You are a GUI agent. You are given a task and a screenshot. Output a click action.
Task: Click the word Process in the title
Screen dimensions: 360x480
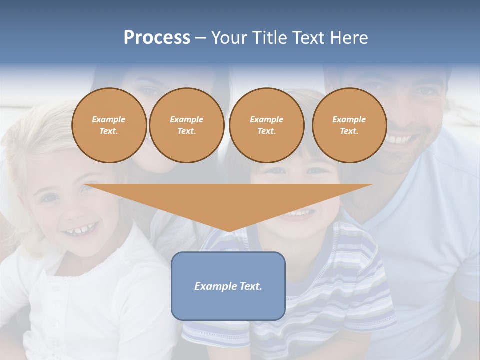tap(157, 38)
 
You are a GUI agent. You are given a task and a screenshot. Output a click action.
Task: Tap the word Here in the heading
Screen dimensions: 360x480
tap(349, 38)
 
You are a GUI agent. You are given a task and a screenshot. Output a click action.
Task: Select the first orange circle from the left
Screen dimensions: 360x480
tap(109, 125)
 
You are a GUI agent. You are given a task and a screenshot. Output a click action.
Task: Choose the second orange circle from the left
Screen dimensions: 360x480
tap(187, 125)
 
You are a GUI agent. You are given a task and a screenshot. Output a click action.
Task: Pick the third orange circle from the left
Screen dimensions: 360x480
tap(266, 125)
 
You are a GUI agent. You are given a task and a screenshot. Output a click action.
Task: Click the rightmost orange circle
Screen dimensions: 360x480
tap(349, 125)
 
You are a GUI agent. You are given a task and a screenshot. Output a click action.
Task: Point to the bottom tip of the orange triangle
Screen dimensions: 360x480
tap(228, 231)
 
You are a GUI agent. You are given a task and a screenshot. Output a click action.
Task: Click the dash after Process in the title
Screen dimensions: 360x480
tap(200, 38)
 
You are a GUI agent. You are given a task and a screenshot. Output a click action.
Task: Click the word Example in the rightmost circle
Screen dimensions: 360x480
tap(349, 119)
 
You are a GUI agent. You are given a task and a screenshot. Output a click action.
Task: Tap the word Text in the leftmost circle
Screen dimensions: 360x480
tap(108, 131)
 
